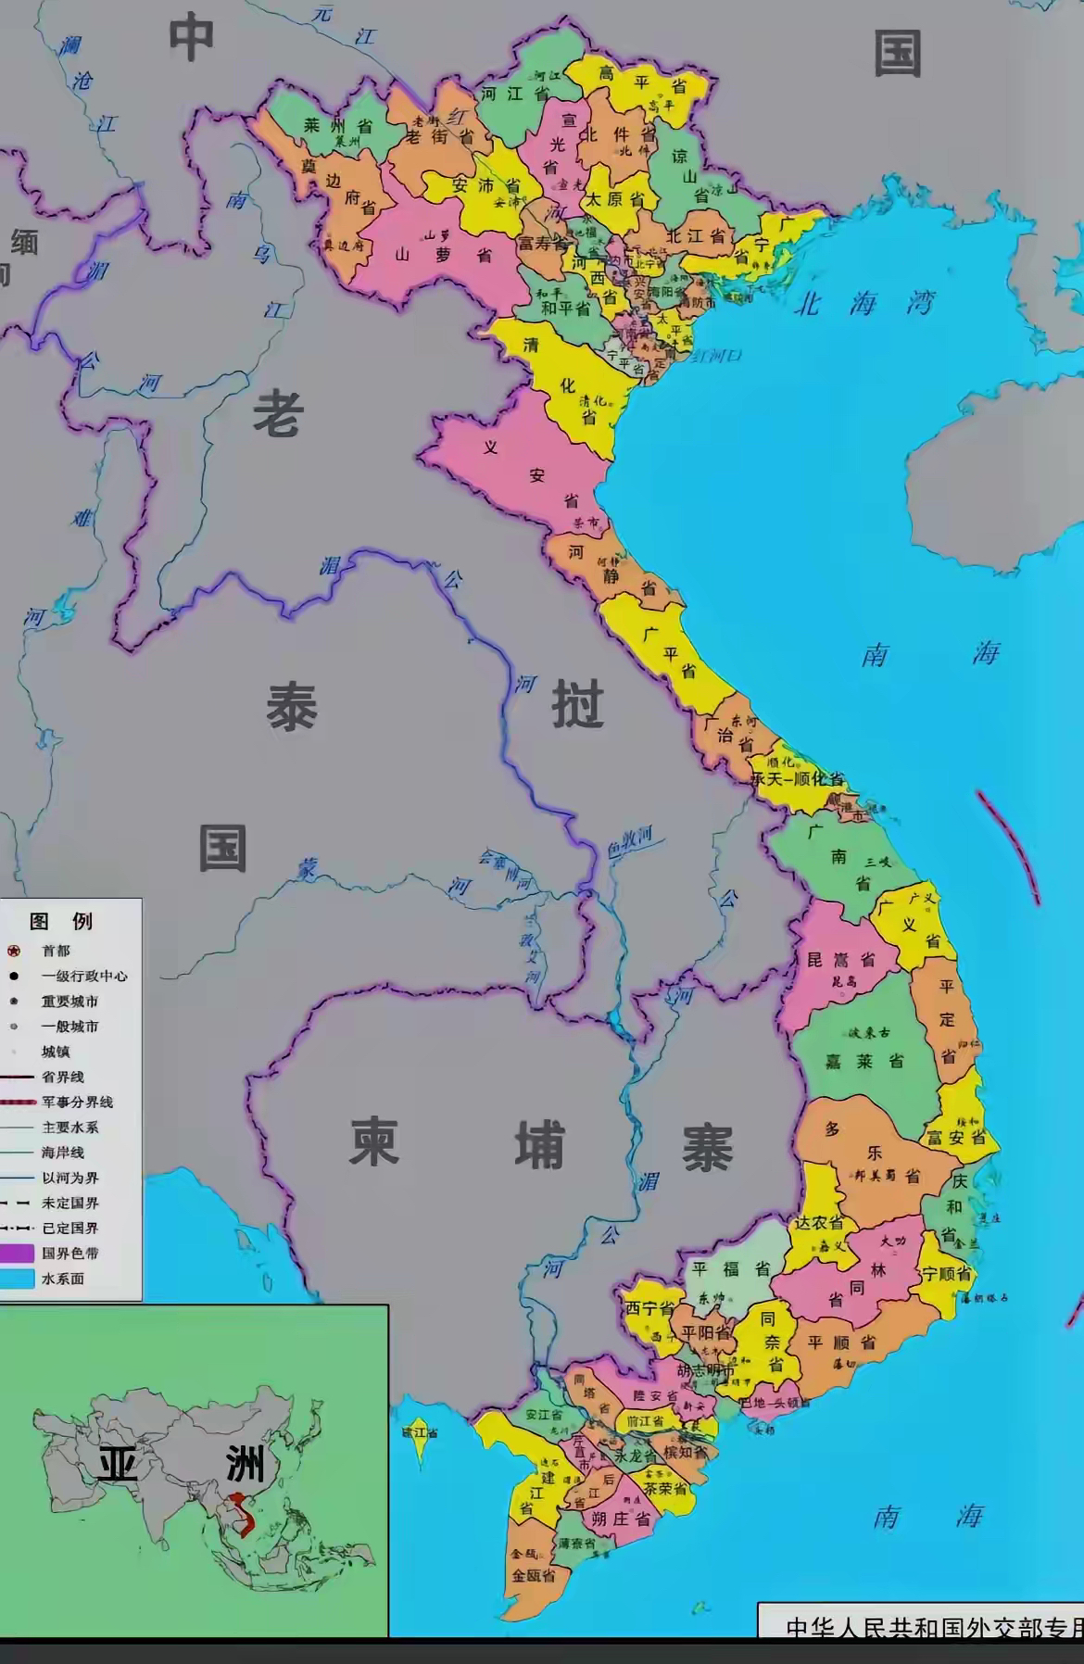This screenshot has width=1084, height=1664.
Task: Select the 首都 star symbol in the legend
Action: click(x=14, y=951)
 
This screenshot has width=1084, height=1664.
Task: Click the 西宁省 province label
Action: click(x=649, y=1308)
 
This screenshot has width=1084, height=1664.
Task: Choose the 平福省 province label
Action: click(x=732, y=1268)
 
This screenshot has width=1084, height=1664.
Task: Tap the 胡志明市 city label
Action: click(x=705, y=1370)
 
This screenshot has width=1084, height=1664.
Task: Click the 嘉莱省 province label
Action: click(x=864, y=1061)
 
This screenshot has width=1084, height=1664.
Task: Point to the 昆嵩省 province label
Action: click(x=840, y=959)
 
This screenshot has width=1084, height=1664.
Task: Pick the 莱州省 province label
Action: click(x=338, y=125)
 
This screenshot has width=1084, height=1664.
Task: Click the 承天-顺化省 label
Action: click(x=797, y=778)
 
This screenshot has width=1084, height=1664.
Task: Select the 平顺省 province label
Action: click(x=841, y=1341)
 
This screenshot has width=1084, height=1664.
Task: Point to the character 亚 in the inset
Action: click(x=118, y=1465)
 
